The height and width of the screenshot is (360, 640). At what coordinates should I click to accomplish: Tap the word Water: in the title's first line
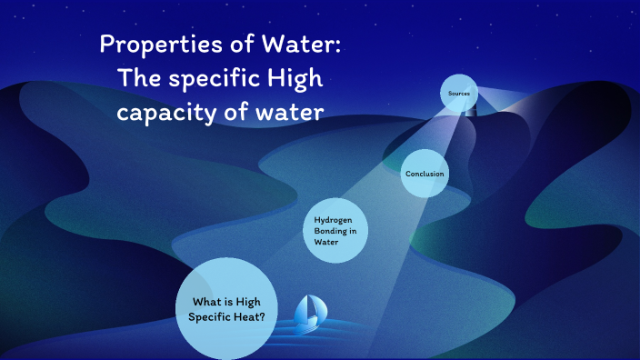click(296, 45)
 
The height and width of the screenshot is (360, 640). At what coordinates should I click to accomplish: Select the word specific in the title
click(211, 79)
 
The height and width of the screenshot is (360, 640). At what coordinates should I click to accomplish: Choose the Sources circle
click(458, 94)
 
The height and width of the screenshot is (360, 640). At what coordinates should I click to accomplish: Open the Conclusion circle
click(425, 173)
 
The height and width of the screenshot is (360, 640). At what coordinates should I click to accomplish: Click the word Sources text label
click(458, 94)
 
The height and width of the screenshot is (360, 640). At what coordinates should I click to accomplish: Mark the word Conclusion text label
click(425, 174)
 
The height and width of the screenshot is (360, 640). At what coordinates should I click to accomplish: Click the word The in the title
click(138, 79)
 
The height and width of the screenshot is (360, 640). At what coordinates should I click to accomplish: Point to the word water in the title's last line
click(291, 114)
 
